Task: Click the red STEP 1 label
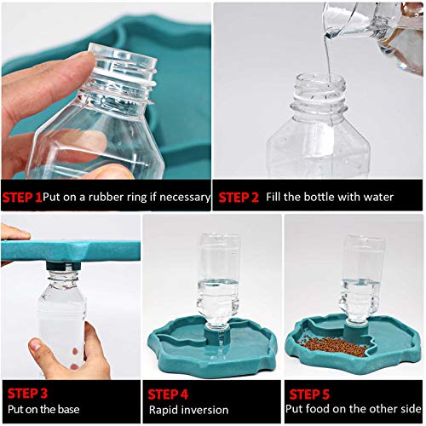[x=21, y=197]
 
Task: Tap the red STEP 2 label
[x=238, y=197]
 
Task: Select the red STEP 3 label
[x=28, y=394]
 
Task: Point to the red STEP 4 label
[x=170, y=394]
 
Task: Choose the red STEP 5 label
[x=311, y=394]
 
